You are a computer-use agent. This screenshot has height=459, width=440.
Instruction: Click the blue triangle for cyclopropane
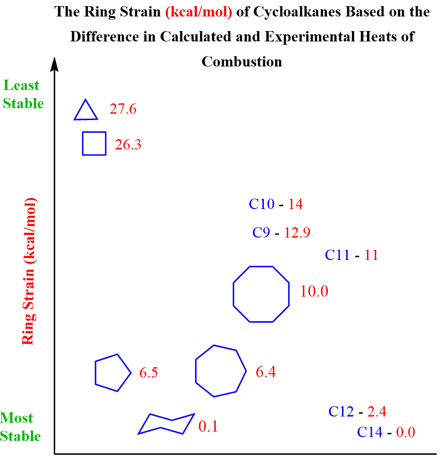click(x=86, y=112)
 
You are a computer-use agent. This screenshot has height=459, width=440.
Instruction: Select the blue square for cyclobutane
click(x=94, y=143)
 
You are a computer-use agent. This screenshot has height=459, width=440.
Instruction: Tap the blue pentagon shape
click(x=112, y=373)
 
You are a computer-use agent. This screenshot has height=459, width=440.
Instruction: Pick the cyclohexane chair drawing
click(x=166, y=424)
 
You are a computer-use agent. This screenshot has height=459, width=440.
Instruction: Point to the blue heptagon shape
click(x=220, y=371)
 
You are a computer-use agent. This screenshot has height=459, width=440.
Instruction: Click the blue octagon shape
click(x=261, y=294)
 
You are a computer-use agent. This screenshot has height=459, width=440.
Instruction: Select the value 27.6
click(x=123, y=109)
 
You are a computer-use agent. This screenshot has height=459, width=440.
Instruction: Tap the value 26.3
click(x=128, y=145)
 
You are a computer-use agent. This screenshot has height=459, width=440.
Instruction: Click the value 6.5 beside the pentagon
click(x=148, y=373)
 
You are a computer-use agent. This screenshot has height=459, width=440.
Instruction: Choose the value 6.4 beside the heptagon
click(x=266, y=372)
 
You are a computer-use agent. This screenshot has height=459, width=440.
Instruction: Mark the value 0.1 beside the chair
click(x=208, y=427)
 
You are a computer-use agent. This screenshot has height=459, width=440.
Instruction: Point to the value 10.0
click(x=314, y=291)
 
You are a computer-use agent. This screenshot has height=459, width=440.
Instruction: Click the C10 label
click(x=262, y=204)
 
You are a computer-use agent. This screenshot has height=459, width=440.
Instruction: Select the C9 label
click(x=261, y=233)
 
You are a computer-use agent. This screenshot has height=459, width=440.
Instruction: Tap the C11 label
click(x=337, y=255)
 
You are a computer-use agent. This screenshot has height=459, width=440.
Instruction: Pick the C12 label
click(x=341, y=411)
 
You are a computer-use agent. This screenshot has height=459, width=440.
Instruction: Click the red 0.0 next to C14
click(x=406, y=432)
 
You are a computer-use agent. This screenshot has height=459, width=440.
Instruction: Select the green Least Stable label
click(x=22, y=95)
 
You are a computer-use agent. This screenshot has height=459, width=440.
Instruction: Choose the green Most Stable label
click(x=20, y=427)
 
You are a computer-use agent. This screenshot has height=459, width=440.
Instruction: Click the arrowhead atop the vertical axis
click(x=56, y=64)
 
